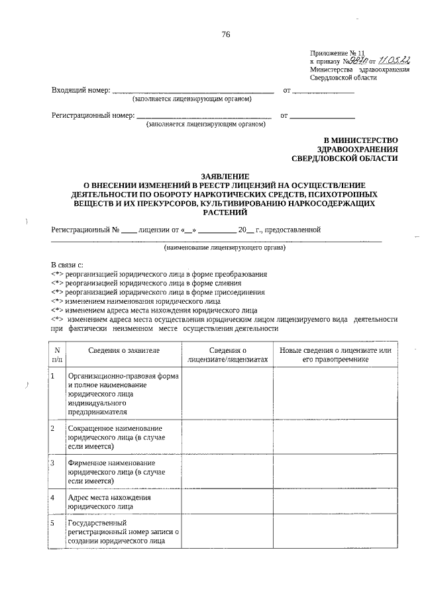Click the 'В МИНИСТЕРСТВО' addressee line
coord(360,140)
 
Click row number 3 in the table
coord(52,462)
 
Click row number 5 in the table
coord(52,524)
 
